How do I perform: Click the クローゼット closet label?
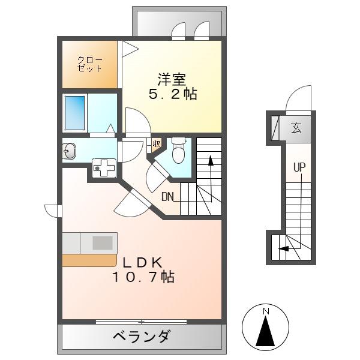pos(89,64)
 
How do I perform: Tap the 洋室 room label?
pos(172,79)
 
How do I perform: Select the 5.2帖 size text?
pos(173,94)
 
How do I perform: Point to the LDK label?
pos(143,263)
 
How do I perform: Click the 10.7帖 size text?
pos(143,277)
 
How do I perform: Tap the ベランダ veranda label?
pos(142,337)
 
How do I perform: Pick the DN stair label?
pos(167,197)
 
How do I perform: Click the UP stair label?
pos(299,167)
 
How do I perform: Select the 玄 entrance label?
pos(296,128)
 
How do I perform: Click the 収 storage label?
pos(157,144)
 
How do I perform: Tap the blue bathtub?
pos(74,113)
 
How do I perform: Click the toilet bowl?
pos(179,151)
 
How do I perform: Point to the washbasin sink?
pos(70,151)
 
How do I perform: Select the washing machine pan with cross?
pos(104,168)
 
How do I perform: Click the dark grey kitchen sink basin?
pos(103,243)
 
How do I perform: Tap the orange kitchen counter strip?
pos(89,260)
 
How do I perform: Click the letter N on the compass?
pos(266,311)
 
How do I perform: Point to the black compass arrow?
pos(265,331)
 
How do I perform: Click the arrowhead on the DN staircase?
pos(211,160)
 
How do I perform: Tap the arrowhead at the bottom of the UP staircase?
pos(283,248)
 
